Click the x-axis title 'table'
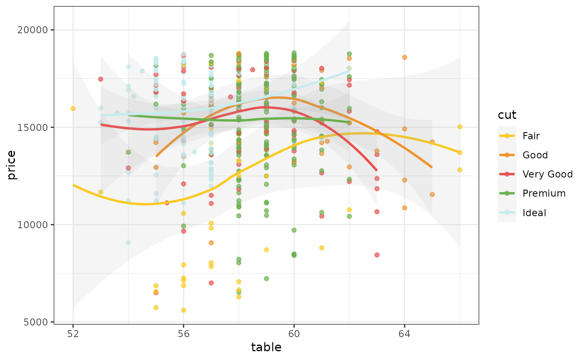pyautogui.click(x=266, y=348)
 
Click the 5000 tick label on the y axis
pyautogui.click(x=40, y=322)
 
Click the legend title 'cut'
pyautogui.click(x=507, y=115)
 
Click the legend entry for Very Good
pyautogui.click(x=547, y=174)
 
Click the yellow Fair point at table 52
pyautogui.click(x=73, y=108)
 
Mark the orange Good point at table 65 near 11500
pyautogui.click(x=432, y=195)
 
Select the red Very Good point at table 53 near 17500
pyautogui.click(x=101, y=79)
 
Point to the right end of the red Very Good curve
pyautogui.click(x=377, y=170)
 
